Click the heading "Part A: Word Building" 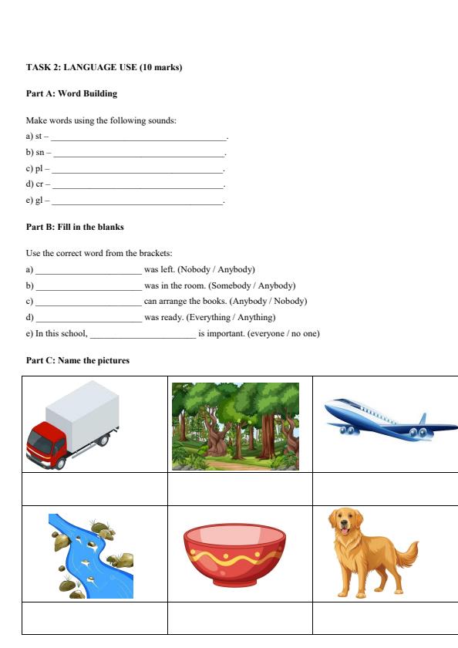click(72, 93)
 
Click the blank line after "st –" click(139, 137)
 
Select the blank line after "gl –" click(137, 201)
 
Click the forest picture click(235, 426)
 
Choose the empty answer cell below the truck click(95, 488)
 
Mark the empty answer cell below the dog click(385, 618)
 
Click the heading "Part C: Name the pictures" click(78, 360)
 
